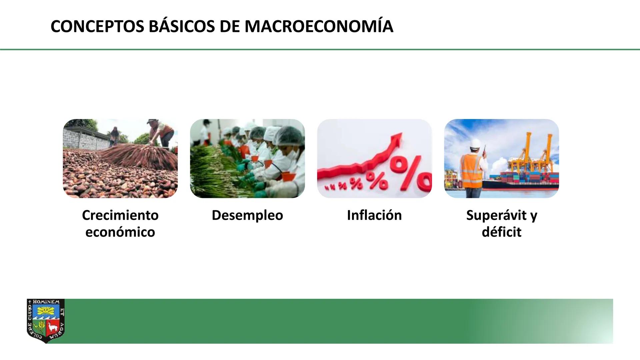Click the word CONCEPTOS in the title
97,27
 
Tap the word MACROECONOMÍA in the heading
319,27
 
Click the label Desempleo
247,215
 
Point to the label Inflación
374,215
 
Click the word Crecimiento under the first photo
120,215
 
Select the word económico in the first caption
120,232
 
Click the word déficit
501,232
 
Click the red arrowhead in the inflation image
397,137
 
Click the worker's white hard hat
475,143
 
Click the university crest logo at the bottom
46,320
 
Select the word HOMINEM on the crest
46,302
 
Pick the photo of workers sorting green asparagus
247,158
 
